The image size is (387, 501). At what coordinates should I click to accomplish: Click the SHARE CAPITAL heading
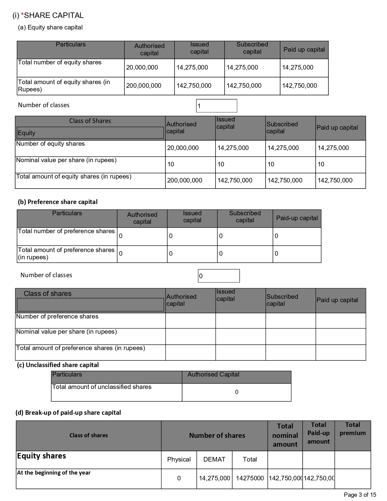point(53,15)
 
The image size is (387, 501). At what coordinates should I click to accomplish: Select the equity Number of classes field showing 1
point(216,106)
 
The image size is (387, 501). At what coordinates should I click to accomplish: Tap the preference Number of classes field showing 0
point(219,276)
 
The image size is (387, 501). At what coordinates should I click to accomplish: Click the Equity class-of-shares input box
point(90,133)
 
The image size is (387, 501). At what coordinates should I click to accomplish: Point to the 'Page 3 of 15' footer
point(360,495)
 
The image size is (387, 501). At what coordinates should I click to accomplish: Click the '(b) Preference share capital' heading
point(58,202)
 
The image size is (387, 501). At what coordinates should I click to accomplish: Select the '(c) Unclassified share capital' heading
point(58,365)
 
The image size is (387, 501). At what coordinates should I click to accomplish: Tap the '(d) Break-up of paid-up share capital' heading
point(68,413)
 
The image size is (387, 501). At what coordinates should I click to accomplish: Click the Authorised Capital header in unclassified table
point(213,375)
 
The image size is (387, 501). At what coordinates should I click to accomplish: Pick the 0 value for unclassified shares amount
point(237,392)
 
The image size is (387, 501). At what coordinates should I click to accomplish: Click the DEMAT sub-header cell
point(214,459)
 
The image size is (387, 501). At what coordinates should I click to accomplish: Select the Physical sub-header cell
point(179,459)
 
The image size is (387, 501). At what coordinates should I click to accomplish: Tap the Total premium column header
point(353,429)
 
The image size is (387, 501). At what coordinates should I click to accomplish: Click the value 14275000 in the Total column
point(250,478)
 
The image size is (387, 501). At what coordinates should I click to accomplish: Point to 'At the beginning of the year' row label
point(54,473)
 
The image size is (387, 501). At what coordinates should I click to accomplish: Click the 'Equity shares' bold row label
point(42,456)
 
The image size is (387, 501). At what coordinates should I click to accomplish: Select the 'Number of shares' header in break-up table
point(217,436)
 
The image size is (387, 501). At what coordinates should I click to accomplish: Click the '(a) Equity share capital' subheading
point(50,28)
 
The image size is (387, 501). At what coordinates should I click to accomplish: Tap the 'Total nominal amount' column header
point(285,435)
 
